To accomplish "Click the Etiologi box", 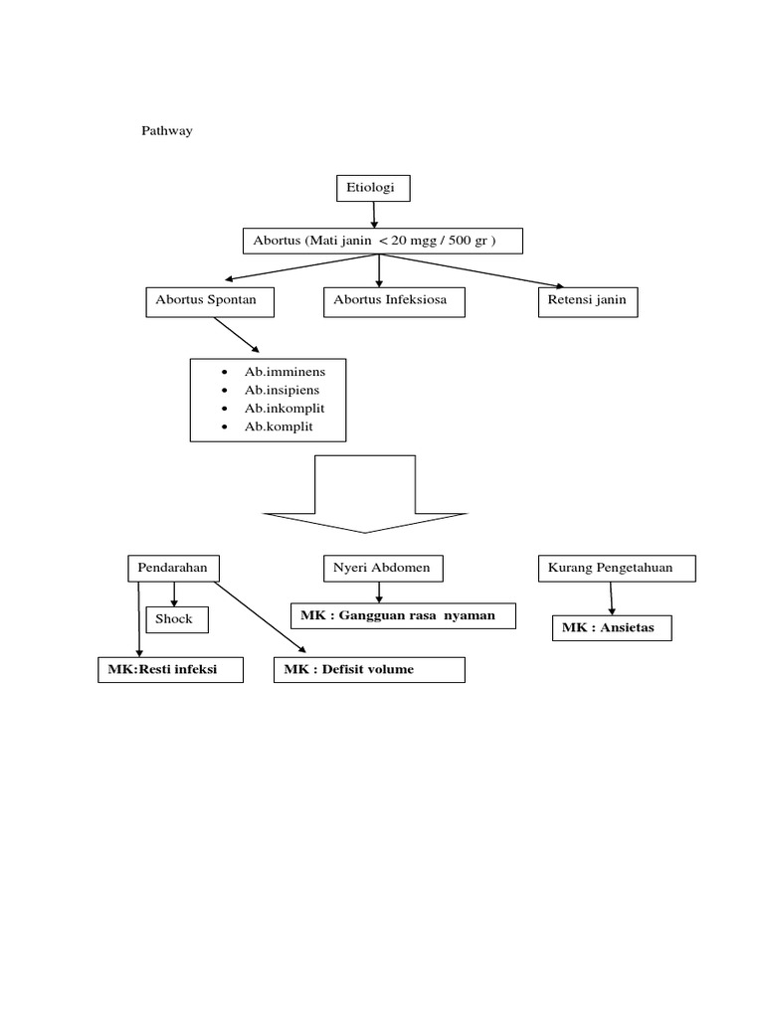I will click(x=373, y=188).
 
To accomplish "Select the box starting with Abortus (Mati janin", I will click(x=383, y=242).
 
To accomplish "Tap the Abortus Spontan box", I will click(x=209, y=302).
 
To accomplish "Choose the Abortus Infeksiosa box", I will click(x=394, y=302).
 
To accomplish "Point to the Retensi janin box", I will click(x=587, y=302).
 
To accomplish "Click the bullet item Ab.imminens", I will click(x=285, y=372).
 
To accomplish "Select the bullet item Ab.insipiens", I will click(x=283, y=390).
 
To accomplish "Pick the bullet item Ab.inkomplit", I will click(x=285, y=409).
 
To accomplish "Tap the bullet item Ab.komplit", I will click(x=279, y=426).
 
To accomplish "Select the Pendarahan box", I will click(x=173, y=568).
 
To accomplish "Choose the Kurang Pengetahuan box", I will click(x=616, y=568).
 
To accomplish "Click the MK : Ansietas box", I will click(x=612, y=628).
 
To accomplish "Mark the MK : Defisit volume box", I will click(x=369, y=670).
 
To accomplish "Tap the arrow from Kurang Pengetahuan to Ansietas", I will click(x=611, y=598).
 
